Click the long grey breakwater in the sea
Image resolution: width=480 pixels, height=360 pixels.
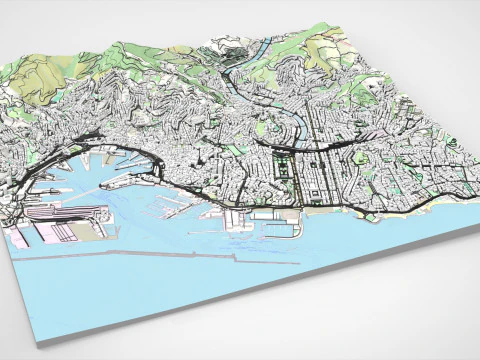point(150,255)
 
